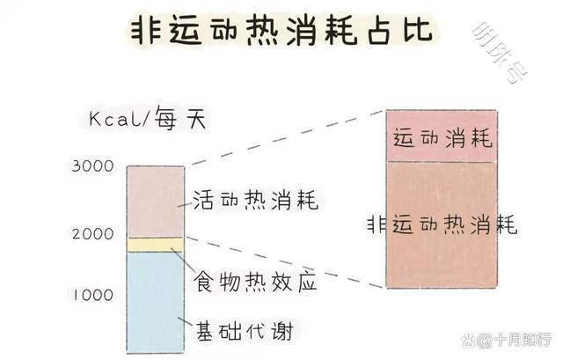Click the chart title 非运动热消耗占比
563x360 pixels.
tap(281, 30)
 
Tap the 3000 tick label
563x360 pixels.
tap(92, 166)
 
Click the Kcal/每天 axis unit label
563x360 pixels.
tap(148, 119)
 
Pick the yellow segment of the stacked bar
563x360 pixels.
tap(156, 245)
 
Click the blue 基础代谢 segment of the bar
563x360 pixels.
tap(156, 302)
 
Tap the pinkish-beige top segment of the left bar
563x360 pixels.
tap(156, 202)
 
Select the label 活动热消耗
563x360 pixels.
tap(256, 200)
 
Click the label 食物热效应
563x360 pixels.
tap(255, 282)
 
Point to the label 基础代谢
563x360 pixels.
tap(245, 331)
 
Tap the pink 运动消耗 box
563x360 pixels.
tap(442, 136)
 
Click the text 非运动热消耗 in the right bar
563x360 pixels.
tap(442, 224)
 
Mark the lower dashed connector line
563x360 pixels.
tap(286, 262)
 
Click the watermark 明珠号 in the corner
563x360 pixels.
tap(499, 52)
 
